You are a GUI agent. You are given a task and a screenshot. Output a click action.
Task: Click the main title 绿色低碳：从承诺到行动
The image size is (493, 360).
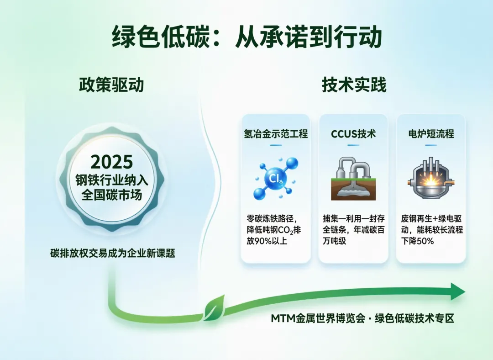coord(247,37)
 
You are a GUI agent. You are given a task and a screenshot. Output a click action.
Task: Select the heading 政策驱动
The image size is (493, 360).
coord(112,85)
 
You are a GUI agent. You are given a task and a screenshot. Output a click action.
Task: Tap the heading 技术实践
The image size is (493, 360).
coord(354,85)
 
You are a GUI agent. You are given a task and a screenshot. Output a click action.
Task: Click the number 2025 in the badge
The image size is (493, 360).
coord(112,162)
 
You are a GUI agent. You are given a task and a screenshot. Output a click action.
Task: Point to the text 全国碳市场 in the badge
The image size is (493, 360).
coord(112,195)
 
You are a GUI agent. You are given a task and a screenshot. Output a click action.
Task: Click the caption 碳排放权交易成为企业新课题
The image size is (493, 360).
coord(113,253)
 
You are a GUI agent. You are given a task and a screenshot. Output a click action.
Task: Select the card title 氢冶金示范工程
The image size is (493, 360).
coord(276,134)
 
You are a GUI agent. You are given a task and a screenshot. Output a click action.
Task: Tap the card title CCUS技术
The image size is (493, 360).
coord(353,134)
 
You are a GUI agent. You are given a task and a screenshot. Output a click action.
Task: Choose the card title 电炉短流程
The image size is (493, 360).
coord(431,134)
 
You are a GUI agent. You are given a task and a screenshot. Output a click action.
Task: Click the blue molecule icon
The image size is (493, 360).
coord(276,178)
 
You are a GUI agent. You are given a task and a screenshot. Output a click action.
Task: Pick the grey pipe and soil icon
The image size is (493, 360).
coord(353,179)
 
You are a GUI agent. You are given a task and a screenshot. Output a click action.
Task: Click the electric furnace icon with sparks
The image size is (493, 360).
coord(431,179)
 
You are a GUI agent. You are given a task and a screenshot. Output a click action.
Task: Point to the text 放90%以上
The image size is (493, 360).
coord(267,241)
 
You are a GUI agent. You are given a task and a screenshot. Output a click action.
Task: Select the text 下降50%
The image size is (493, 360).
coord(417,241)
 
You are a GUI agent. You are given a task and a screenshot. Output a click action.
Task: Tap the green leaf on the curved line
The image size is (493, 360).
coord(215,308)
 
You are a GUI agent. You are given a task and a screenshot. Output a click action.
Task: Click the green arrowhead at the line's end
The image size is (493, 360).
coord(458,291)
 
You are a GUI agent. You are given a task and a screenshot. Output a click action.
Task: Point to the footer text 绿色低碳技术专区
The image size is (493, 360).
coord(414,318)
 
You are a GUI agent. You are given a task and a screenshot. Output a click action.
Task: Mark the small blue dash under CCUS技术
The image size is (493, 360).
coord(353,145)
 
